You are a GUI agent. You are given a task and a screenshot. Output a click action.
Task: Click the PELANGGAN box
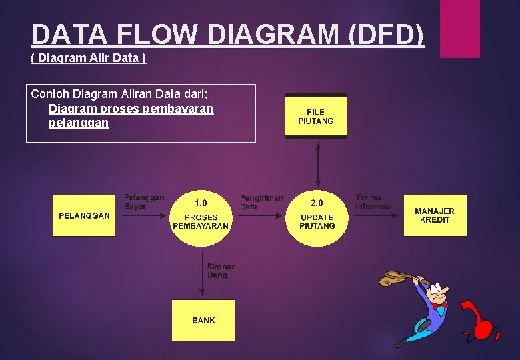(84, 215)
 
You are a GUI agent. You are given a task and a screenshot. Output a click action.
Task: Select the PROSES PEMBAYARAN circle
(201, 215)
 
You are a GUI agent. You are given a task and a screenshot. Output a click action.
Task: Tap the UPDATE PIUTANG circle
(317, 215)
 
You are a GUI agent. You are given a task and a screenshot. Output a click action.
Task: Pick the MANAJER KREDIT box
(435, 215)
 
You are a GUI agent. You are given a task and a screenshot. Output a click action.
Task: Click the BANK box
(203, 321)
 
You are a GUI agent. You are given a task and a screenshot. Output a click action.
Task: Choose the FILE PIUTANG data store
(316, 117)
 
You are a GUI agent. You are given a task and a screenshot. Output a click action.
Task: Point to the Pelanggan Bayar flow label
(143, 202)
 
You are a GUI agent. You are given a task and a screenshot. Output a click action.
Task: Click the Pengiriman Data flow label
(261, 202)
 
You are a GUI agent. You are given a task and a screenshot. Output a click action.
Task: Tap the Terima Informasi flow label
(373, 202)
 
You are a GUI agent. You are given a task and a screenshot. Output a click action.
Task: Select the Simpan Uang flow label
(221, 271)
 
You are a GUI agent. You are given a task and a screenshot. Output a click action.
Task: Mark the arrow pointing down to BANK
(202, 273)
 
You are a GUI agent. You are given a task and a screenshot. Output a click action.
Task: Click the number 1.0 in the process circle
(201, 203)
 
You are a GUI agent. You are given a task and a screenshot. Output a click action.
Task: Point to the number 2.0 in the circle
(317, 203)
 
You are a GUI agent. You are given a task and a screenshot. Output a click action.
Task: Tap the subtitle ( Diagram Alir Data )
(89, 58)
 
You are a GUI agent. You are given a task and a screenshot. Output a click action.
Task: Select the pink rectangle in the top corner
(460, 28)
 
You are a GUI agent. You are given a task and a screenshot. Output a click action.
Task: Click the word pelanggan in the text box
(79, 123)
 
